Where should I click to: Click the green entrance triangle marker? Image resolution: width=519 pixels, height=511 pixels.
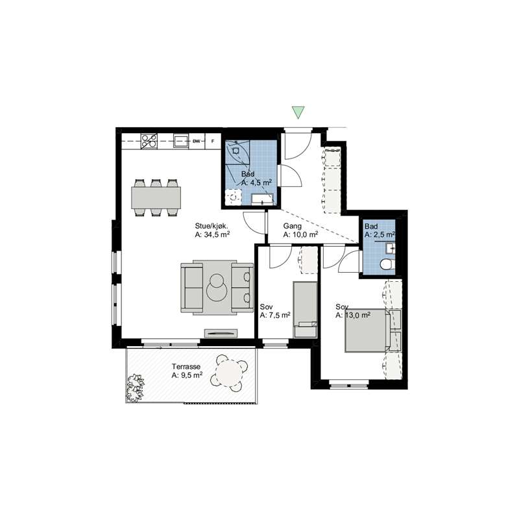[x=298, y=112]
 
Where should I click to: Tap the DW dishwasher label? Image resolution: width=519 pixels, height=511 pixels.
[x=197, y=142]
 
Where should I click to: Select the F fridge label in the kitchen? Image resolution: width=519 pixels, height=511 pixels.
[x=213, y=142]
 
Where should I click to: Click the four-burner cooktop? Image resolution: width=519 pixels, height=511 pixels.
[x=149, y=141]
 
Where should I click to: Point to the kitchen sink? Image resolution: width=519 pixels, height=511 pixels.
[x=181, y=141]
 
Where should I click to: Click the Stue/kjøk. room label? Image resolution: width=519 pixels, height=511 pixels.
[x=211, y=226]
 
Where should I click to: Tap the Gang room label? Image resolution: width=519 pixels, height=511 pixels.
[x=293, y=226]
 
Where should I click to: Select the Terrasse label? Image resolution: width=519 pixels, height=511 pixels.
[x=186, y=367]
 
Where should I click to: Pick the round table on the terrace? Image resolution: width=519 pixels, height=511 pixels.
[x=229, y=373]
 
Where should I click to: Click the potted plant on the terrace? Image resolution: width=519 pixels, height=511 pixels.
[x=135, y=387]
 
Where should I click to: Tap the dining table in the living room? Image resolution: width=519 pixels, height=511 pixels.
[x=156, y=197]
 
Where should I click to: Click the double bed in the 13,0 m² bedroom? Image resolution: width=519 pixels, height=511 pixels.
[x=367, y=330]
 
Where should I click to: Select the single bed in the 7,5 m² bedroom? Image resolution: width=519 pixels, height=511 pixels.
[x=305, y=310]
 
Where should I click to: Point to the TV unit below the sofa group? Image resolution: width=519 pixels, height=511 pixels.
[x=221, y=333]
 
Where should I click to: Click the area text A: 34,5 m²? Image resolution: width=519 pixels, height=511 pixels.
[x=213, y=235]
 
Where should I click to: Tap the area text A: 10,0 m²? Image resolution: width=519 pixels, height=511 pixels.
[x=301, y=235]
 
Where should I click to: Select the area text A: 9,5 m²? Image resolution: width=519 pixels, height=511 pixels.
[x=187, y=375]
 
